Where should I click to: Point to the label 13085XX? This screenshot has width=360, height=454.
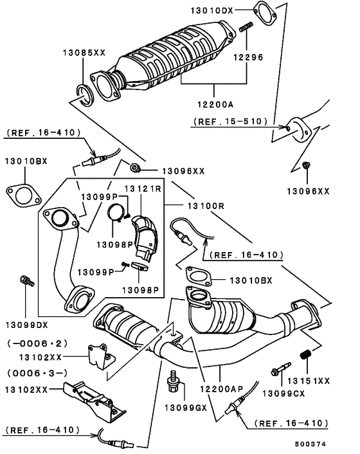[84, 52]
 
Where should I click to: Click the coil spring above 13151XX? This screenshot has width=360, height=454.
[307, 355]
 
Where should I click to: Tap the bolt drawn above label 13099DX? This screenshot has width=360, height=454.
[25, 281]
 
